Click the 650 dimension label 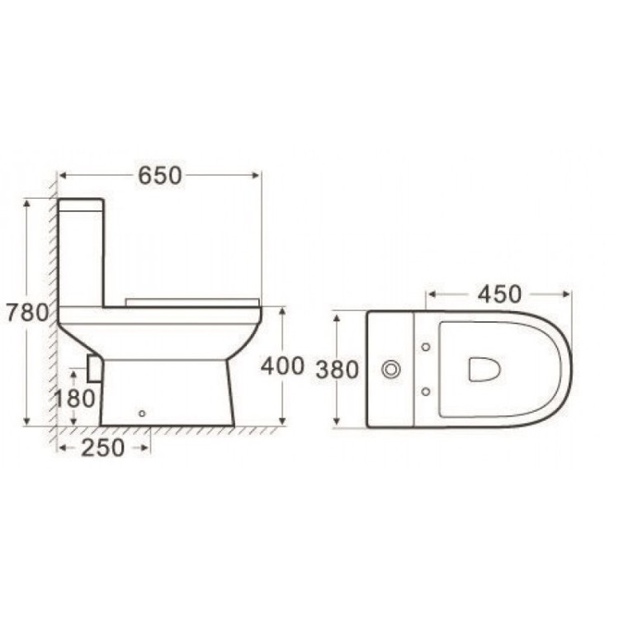(x=159, y=176)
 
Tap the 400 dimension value (x=282, y=366)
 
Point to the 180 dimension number (x=74, y=399)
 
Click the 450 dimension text (x=499, y=294)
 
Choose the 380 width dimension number (x=337, y=370)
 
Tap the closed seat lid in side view (x=191, y=301)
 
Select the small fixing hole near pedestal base (x=142, y=413)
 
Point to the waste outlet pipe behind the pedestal (x=93, y=368)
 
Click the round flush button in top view (x=391, y=370)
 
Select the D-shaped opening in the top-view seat (x=484, y=369)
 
